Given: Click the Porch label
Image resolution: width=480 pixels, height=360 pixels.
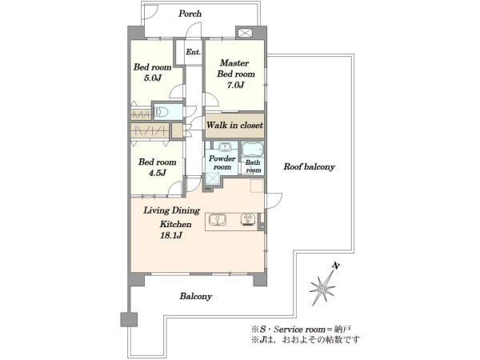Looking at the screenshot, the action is click(x=190, y=14).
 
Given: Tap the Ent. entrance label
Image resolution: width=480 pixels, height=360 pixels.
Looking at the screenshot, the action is click(x=193, y=52).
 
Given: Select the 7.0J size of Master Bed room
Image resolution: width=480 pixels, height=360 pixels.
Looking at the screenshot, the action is click(x=235, y=85).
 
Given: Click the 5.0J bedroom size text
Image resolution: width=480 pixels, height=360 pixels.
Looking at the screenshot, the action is click(x=153, y=78).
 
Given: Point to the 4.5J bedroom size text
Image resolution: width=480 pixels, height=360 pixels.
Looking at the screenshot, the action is click(x=158, y=173).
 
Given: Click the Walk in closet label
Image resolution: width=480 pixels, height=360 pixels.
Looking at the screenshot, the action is click(x=234, y=126).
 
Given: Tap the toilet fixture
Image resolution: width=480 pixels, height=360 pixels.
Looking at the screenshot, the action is click(x=162, y=112).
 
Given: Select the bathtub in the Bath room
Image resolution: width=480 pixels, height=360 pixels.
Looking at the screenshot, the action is click(x=252, y=150).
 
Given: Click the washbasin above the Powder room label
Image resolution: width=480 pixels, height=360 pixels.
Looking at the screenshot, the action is click(x=225, y=146).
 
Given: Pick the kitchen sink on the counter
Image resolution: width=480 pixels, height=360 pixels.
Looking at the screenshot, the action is click(x=218, y=220).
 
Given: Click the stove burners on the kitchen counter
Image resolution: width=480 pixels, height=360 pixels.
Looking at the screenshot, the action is click(x=248, y=220).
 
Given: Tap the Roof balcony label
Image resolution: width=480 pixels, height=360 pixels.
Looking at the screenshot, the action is click(x=309, y=167).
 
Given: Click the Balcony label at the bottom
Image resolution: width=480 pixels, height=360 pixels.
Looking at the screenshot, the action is click(x=196, y=296).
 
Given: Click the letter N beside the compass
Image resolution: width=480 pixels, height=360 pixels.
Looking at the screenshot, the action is click(x=336, y=266).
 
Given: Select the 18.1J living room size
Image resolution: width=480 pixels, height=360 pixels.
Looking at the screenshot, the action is click(x=171, y=235).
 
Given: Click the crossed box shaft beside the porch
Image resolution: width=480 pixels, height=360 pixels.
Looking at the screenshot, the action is click(x=245, y=33).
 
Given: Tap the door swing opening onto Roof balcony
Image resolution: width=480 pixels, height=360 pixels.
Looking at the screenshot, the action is click(x=274, y=201).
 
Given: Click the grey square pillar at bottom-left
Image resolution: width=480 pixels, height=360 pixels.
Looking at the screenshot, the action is click(x=129, y=319).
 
